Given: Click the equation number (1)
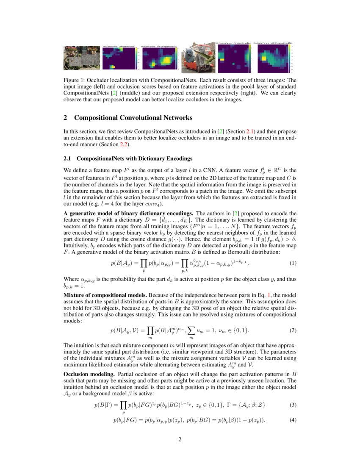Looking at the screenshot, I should tap(293, 263).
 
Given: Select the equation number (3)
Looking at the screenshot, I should tap(293, 405).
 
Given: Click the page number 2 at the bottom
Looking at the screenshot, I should tap(180, 439).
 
